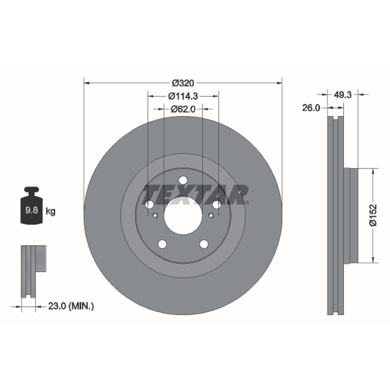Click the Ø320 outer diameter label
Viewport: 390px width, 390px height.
coord(183,83)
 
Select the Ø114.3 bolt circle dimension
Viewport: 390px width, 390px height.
coord(183,96)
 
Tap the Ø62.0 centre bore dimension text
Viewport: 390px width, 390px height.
coord(183,109)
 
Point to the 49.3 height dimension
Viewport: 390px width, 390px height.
coord(342,95)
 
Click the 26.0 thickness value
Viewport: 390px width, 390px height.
coord(311,108)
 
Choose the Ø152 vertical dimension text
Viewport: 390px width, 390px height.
coord(373,215)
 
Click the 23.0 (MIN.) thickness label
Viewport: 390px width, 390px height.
coord(71,306)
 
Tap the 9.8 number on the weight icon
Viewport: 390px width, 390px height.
coord(32,210)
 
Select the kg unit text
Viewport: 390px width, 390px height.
coord(51,212)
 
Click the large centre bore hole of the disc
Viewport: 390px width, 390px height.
coord(183,215)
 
